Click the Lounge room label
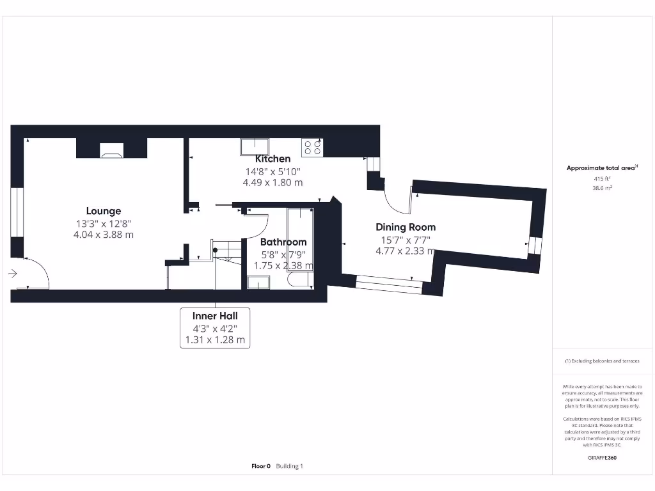click(104, 211)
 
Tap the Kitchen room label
click(272, 159)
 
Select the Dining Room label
click(406, 227)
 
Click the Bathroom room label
click(283, 242)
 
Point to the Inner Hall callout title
click(215, 316)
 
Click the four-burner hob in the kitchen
click(312, 148)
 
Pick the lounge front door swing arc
click(40, 272)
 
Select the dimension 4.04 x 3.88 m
click(104, 235)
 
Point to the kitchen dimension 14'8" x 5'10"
click(272, 171)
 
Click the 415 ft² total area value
click(601, 180)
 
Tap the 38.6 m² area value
click(601, 189)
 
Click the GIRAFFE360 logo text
click(601, 458)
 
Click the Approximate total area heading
click(601, 168)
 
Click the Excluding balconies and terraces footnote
click(601, 361)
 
